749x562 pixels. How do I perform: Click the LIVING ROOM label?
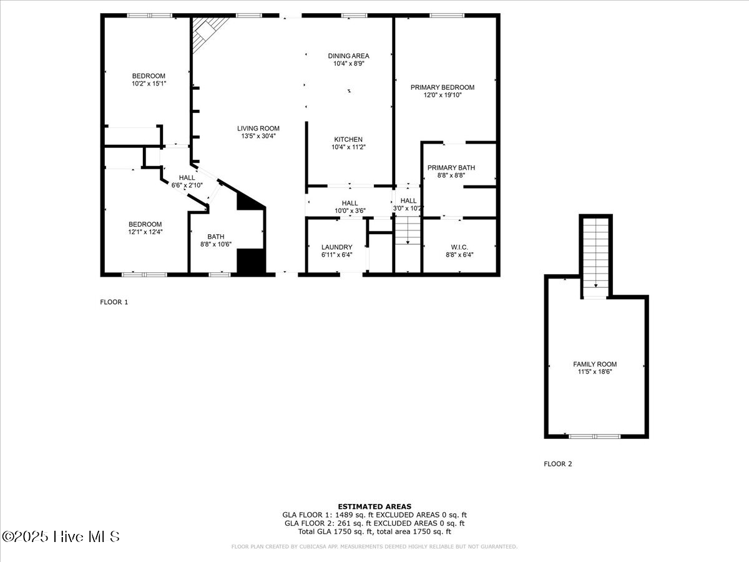click(x=258, y=128)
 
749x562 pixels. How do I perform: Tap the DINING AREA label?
click(x=348, y=56)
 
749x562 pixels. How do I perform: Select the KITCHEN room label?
click(x=348, y=139)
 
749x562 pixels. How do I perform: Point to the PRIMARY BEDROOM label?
click(x=443, y=87)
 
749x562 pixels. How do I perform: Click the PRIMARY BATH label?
click(x=451, y=167)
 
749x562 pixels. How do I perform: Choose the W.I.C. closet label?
click(x=459, y=247)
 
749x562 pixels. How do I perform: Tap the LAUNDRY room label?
click(x=337, y=247)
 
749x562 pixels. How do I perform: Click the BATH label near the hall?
click(x=216, y=237)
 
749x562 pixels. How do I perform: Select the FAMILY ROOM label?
click(x=595, y=364)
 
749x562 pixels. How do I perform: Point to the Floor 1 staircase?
click(x=408, y=230)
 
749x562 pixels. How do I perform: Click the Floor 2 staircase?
click(x=595, y=258)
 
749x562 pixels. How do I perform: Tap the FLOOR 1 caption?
click(x=114, y=302)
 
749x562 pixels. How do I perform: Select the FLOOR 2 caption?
click(x=557, y=464)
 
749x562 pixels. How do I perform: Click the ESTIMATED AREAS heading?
click(x=374, y=506)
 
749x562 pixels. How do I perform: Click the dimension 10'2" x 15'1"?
click(x=149, y=84)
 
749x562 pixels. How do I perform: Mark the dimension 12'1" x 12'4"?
click(x=145, y=232)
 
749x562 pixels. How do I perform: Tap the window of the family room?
click(x=594, y=436)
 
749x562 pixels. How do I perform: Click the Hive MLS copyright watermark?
click(x=61, y=537)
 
